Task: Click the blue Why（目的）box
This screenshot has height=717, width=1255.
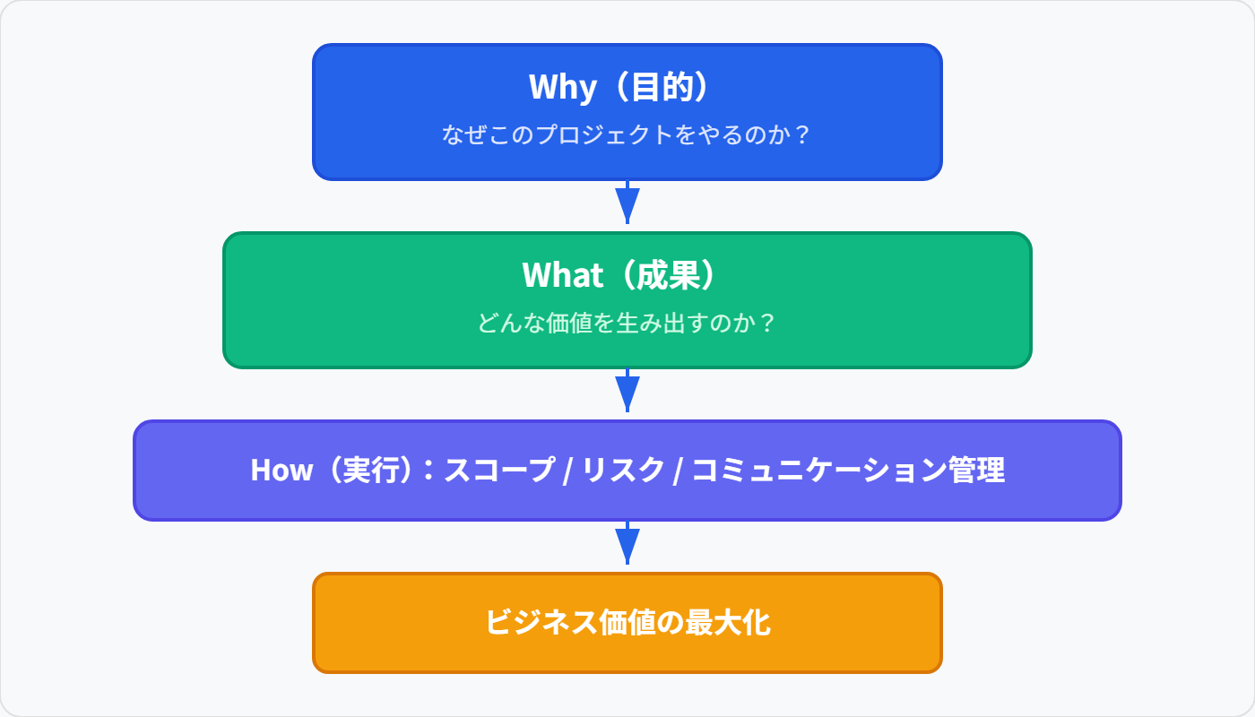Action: [x=627, y=112]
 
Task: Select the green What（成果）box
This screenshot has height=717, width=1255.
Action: [x=627, y=300]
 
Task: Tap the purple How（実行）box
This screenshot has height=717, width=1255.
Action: [x=627, y=470]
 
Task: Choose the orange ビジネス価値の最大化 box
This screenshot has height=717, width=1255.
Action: [x=627, y=622]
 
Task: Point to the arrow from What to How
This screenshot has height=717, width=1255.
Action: [x=627, y=392]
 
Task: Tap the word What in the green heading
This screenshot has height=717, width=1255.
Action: [x=562, y=275]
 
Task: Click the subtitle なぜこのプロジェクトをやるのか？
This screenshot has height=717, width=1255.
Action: [x=627, y=135]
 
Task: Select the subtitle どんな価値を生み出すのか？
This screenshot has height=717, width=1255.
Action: [x=627, y=324]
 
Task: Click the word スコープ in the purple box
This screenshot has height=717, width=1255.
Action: [x=499, y=471]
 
